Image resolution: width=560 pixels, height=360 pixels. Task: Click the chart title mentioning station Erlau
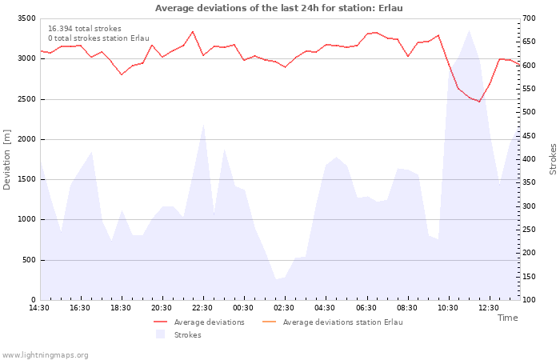click(279, 8)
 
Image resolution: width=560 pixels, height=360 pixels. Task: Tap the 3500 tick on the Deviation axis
click(26, 18)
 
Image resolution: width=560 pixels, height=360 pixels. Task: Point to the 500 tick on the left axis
click(30, 260)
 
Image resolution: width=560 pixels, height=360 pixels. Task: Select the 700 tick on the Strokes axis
click(529, 18)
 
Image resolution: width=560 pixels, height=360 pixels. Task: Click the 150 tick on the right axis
click(529, 277)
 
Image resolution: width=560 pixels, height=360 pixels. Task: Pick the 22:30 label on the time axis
click(202, 308)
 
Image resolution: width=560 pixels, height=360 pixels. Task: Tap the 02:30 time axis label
click(283, 308)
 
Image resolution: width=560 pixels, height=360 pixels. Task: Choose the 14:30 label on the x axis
click(39, 308)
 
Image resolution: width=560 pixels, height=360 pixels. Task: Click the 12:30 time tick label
click(489, 308)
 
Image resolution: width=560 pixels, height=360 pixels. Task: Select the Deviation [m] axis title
click(6, 160)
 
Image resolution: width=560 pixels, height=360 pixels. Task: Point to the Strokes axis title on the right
click(553, 159)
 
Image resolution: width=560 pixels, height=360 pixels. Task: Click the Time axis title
click(507, 318)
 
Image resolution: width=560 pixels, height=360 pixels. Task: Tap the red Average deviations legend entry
click(199, 322)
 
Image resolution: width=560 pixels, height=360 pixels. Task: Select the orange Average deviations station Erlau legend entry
click(333, 322)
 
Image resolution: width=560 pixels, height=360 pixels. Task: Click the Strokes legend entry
click(178, 334)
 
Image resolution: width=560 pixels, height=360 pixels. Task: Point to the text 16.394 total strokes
click(85, 29)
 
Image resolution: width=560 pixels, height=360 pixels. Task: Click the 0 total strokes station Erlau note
click(98, 38)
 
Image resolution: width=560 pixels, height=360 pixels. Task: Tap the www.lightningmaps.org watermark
click(45, 355)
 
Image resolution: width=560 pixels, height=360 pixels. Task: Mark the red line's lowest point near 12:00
click(479, 102)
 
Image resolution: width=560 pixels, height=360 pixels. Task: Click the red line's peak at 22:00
click(193, 31)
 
